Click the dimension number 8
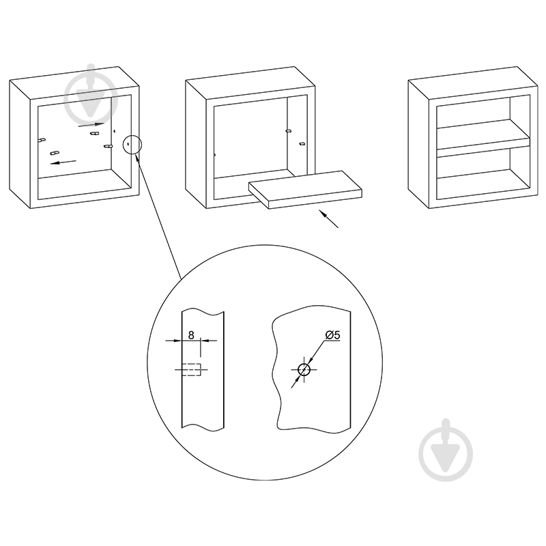coord(191,335)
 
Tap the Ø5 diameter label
coord(332,335)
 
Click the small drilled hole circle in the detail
coord(304,369)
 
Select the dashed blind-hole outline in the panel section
coord(192,369)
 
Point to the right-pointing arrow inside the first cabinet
coord(91,125)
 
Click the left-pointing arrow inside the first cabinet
coord(63,162)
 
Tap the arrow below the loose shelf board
coord(328,218)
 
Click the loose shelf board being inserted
coord(305,190)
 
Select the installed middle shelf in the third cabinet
coord(483,139)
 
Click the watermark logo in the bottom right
coord(446,450)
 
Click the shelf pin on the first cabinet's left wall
coord(42,140)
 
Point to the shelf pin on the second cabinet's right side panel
coord(302,143)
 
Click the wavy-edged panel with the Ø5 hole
coord(311,369)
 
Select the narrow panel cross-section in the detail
coord(203,369)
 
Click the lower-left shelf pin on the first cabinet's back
coord(55,152)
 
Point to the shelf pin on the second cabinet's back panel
coord(288,131)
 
